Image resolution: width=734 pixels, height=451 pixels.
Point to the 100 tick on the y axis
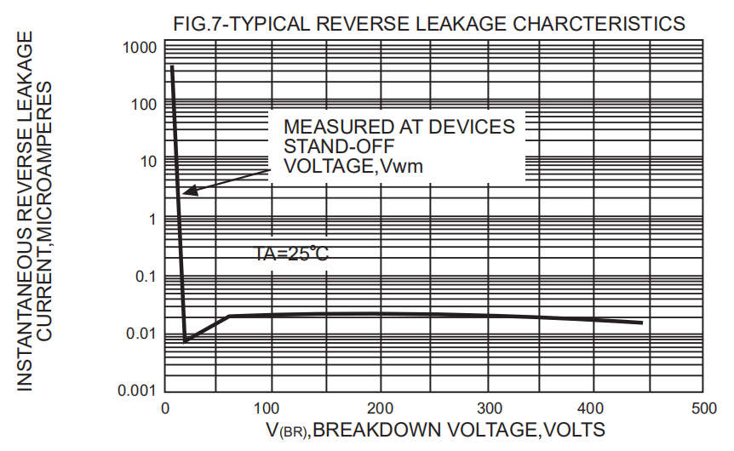pyautogui.click(x=144, y=105)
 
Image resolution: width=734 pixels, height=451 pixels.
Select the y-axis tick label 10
pyautogui.click(x=148, y=162)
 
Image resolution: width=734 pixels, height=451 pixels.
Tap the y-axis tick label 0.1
pyautogui.click(x=145, y=277)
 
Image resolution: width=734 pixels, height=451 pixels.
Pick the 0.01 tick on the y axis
pyautogui.click(x=140, y=334)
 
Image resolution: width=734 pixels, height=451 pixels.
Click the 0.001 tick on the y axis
pyautogui.click(x=137, y=391)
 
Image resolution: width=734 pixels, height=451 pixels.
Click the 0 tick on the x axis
pyautogui.click(x=165, y=408)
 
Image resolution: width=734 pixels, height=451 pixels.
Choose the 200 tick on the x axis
pyautogui.click(x=380, y=408)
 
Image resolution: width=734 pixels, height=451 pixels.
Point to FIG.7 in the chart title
pyautogui.click(x=198, y=24)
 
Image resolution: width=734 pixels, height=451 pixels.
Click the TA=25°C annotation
pyautogui.click(x=292, y=253)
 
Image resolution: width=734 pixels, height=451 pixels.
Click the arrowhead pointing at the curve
pyautogui.click(x=187, y=192)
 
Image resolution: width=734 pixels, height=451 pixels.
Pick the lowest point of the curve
pyautogui.click(x=186, y=340)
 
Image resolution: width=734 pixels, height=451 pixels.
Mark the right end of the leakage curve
pyautogui.click(x=641, y=323)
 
